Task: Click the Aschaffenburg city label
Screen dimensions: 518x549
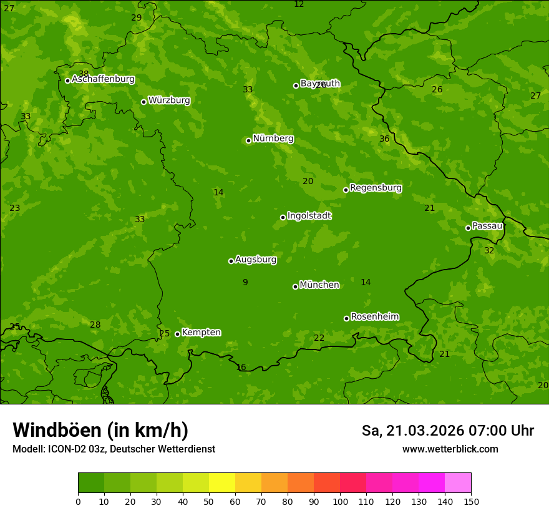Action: (x=103, y=79)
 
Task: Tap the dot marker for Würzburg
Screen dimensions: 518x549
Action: (x=143, y=102)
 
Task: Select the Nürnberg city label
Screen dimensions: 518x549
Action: (x=273, y=139)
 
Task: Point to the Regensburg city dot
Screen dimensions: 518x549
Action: (x=346, y=190)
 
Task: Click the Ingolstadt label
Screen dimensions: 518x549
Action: (x=309, y=216)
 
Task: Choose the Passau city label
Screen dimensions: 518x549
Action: (x=487, y=226)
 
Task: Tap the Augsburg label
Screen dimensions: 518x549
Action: (x=256, y=260)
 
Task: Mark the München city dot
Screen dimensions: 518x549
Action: (x=295, y=286)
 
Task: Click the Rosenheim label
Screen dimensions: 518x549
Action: (x=374, y=316)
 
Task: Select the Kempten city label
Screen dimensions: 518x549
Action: (x=201, y=332)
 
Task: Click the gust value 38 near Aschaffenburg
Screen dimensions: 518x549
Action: (x=84, y=74)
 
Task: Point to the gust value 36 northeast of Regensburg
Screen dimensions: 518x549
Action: (x=384, y=139)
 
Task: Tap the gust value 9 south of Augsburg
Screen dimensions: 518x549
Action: (x=245, y=282)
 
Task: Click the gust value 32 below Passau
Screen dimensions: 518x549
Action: (x=489, y=250)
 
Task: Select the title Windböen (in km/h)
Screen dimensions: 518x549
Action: (x=100, y=430)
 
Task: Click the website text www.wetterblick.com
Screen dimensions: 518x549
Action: (x=450, y=449)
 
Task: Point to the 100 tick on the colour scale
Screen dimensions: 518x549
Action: (x=340, y=501)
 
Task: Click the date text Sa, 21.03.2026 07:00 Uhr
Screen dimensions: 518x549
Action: (x=447, y=431)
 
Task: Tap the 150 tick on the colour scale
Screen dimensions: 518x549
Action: (x=471, y=501)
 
